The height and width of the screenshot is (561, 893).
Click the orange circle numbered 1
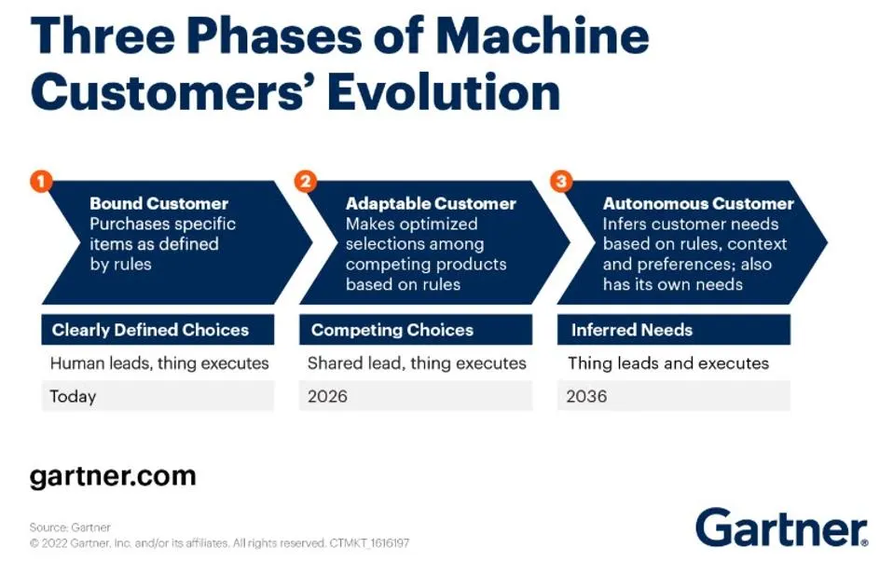(40, 181)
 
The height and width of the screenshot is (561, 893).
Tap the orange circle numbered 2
(305, 181)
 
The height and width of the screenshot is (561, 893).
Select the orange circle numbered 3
(560, 181)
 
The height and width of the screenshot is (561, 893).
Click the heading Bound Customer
(158, 203)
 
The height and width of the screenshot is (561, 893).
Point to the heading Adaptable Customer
(431, 203)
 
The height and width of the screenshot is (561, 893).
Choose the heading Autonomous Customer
(698, 203)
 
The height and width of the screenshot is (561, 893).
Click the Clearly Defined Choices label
(150, 330)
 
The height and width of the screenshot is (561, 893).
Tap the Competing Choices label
(392, 330)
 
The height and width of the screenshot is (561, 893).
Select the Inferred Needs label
(631, 330)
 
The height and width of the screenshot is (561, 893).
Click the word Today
(73, 396)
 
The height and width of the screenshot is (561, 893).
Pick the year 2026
(327, 396)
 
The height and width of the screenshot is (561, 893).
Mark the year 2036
(586, 396)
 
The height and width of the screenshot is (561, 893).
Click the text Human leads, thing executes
(159, 363)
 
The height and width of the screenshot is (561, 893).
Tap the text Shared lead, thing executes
(417, 363)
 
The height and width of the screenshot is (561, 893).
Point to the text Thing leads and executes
(668, 363)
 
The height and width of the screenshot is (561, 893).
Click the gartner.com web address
(113, 476)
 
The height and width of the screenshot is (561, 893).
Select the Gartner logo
(781, 527)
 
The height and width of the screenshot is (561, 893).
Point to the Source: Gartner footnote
(70, 527)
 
